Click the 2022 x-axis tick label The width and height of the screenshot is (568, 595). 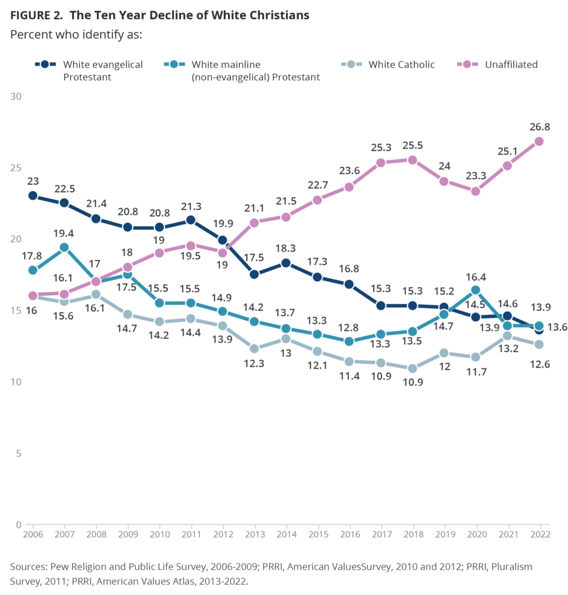coord(539,534)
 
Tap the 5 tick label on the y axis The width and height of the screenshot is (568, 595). coord(17,453)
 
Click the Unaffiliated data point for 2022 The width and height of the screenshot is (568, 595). coord(539,141)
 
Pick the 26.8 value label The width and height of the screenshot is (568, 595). coord(539,126)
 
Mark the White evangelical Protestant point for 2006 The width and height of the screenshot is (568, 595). coord(33,196)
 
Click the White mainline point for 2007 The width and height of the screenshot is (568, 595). coord(65,247)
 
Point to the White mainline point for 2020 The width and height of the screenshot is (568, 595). coord(476,290)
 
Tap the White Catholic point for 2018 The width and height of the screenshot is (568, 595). coord(412,368)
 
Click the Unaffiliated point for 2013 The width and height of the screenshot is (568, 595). coord(254,223)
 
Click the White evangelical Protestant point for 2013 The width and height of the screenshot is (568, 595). coord(254,274)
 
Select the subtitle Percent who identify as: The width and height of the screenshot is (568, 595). coord(76,34)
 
